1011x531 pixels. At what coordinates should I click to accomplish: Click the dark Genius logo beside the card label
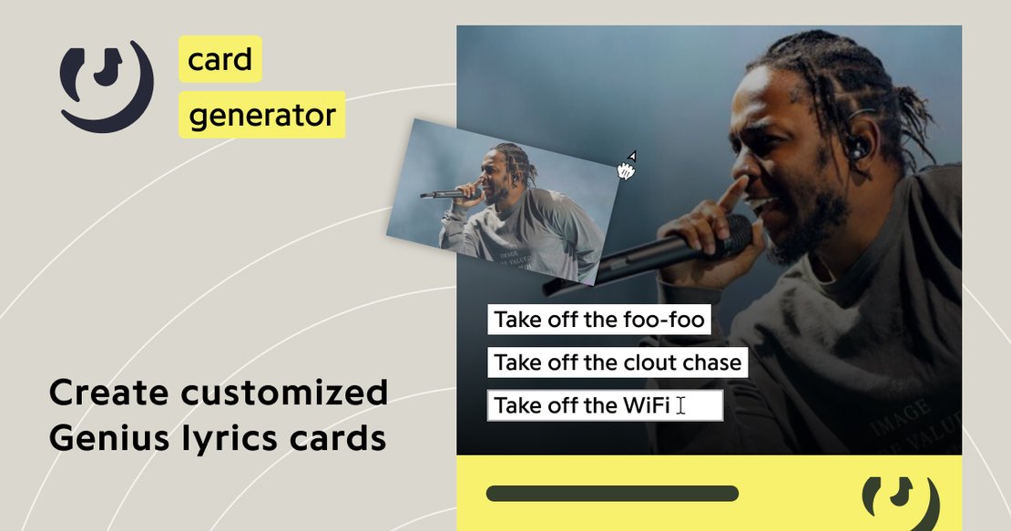coord(106,86)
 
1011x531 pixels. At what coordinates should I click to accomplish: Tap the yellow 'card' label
coord(220,60)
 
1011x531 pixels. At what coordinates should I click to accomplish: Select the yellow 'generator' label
coord(261,115)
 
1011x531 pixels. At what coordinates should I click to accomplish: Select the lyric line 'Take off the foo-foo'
coord(598,320)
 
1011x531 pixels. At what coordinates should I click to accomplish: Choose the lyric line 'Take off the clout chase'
coord(617,363)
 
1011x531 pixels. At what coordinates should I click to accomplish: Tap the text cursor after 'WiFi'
coord(680,405)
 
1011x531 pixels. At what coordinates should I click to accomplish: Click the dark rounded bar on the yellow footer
coord(612,494)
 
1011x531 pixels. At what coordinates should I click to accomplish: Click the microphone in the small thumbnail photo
coord(444,194)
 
